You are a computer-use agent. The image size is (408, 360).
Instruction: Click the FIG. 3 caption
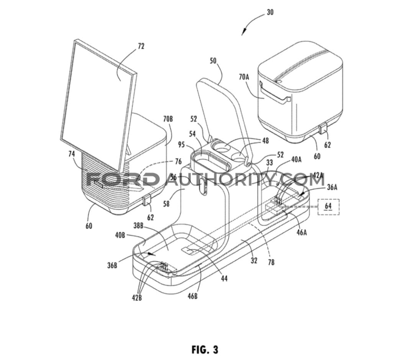[205, 349]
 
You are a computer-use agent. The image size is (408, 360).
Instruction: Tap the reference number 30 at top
[270, 12]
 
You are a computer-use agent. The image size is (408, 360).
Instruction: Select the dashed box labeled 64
[328, 207]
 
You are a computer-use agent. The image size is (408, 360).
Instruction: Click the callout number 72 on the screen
[141, 46]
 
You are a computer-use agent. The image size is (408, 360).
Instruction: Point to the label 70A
[244, 77]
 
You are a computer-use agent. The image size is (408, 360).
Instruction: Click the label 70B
[168, 119]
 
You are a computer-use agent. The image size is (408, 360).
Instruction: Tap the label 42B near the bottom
[137, 298]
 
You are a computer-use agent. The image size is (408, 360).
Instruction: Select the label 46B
[192, 296]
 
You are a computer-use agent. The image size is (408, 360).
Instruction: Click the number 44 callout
[224, 279]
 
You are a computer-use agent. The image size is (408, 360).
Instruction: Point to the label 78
[271, 262]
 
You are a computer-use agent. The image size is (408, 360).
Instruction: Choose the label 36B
[112, 266]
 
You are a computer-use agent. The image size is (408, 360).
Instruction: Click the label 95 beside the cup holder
[181, 144]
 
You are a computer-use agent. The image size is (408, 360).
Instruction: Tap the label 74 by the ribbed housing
[72, 154]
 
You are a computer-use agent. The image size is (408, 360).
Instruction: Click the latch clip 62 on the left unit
[147, 201]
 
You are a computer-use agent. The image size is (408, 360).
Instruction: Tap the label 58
[166, 204]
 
